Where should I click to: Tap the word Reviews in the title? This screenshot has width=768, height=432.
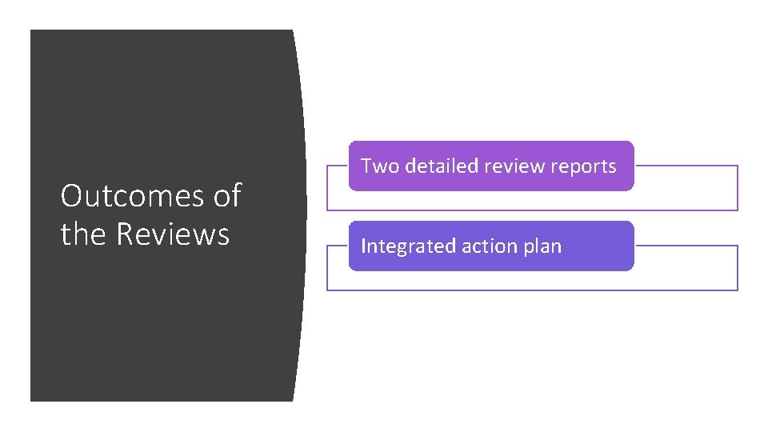click(173, 234)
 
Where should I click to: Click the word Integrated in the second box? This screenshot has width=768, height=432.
click(408, 246)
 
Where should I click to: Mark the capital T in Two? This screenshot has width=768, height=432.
click(366, 166)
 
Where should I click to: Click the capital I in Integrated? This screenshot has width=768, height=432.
click(364, 246)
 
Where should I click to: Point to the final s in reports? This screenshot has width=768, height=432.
click(612, 167)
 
